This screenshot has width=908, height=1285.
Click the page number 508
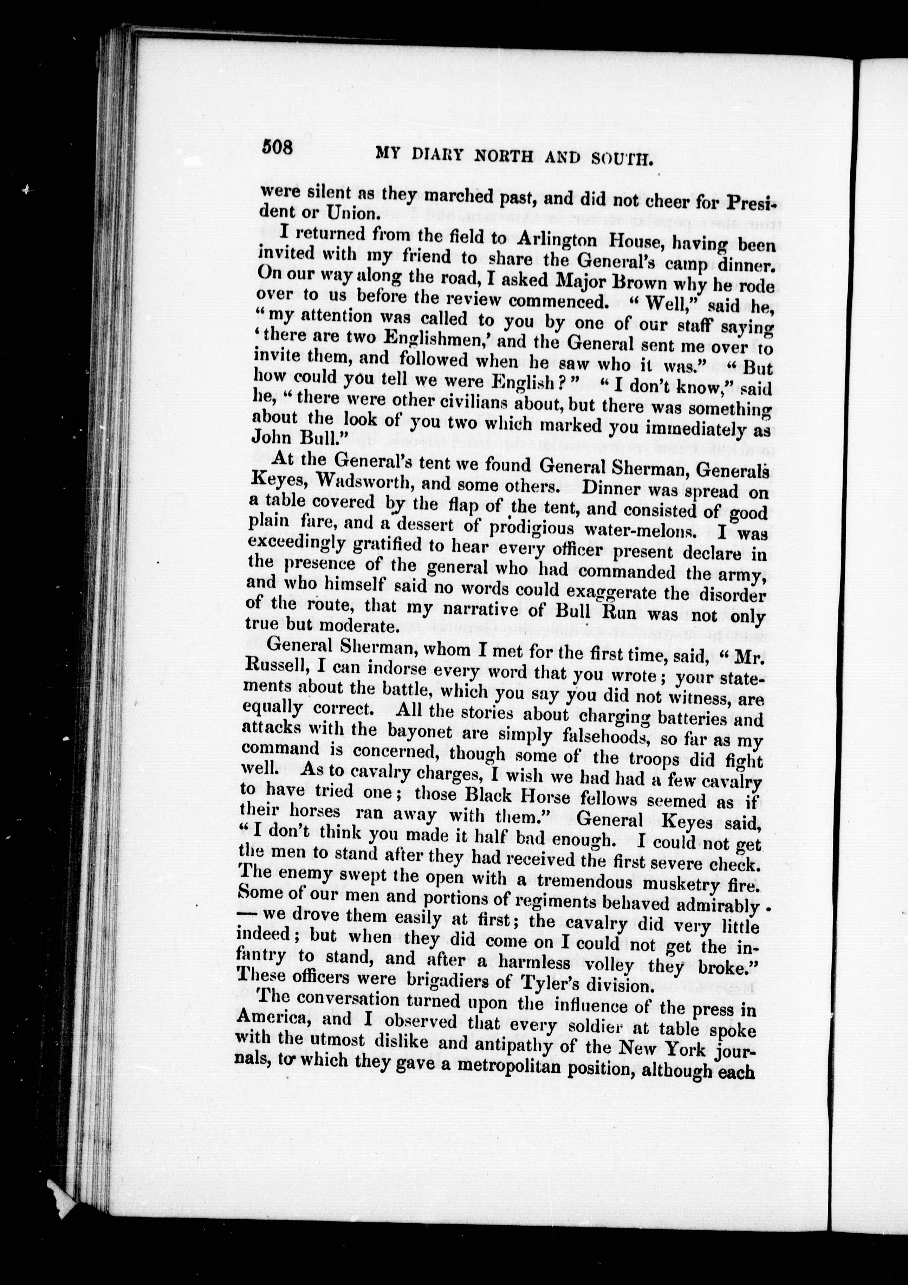pos(278,148)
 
